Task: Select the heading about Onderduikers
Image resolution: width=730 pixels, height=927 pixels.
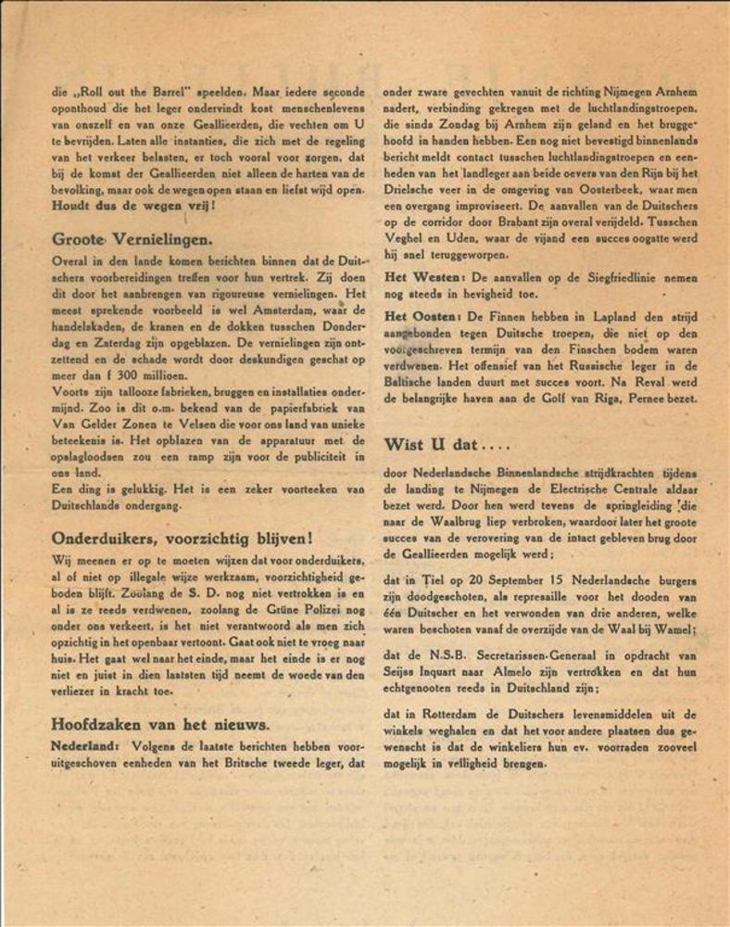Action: pos(182,538)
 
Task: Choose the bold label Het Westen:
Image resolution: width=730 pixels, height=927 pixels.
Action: pos(422,279)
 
